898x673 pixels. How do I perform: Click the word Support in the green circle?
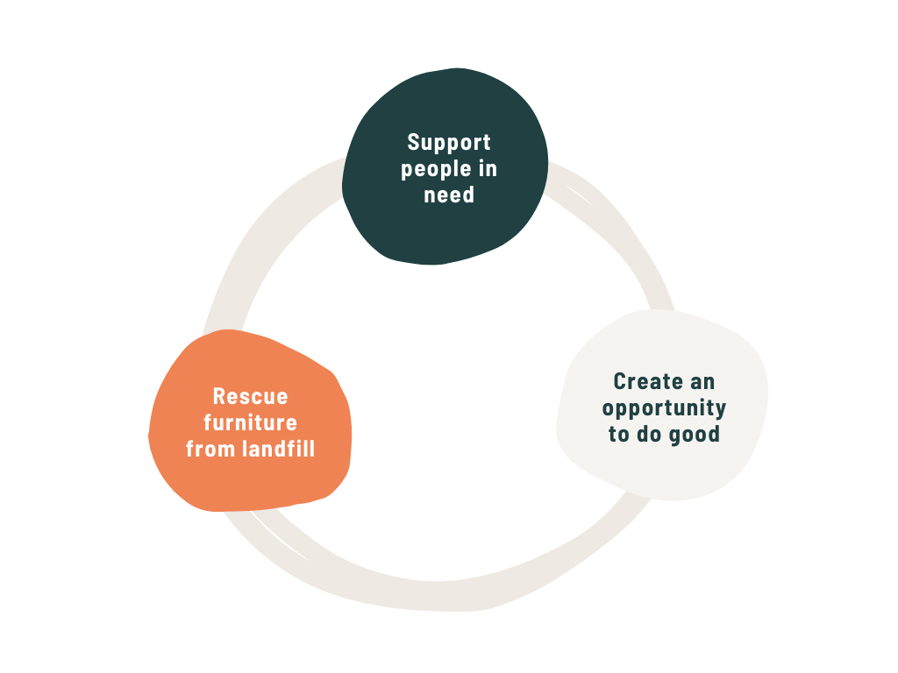pos(449,142)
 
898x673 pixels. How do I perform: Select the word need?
pos(449,195)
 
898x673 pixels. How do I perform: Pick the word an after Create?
pos(702,382)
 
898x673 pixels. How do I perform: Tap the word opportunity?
pos(664,408)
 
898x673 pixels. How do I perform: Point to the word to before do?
pos(618,435)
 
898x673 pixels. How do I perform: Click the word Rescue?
pos(250,396)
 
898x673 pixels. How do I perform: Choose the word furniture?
pos(250,422)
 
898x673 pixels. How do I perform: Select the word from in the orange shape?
pos(210,450)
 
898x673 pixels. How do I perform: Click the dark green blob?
pos(445,228)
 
